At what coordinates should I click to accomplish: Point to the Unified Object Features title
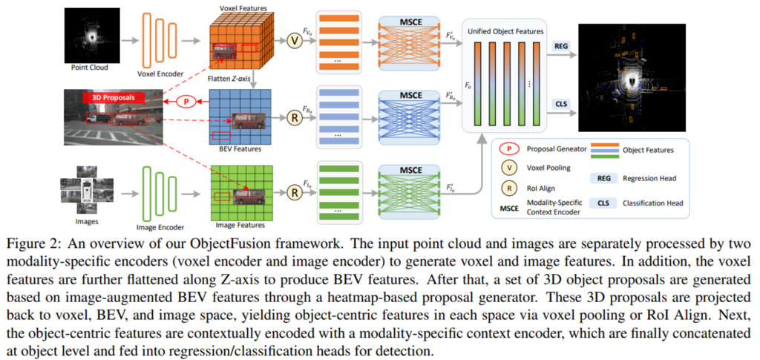coord(504,32)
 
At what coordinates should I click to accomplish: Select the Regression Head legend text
coord(649,179)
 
